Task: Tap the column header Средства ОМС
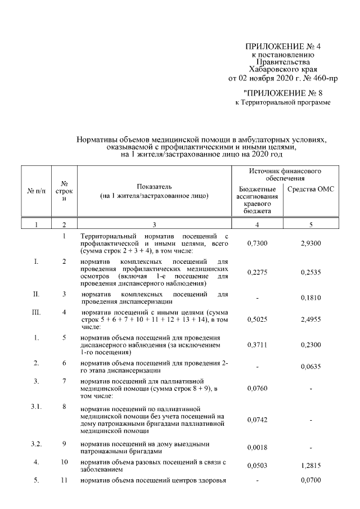tap(310, 189)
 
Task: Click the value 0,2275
tap(256, 272)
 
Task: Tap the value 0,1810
tap(310, 298)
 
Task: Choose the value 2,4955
tap(310, 318)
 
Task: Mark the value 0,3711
tap(256, 345)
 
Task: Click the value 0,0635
tap(310, 367)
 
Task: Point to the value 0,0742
tap(256, 420)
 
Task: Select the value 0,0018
tap(256, 447)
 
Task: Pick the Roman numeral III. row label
tap(36, 312)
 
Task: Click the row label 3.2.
tap(36, 443)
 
